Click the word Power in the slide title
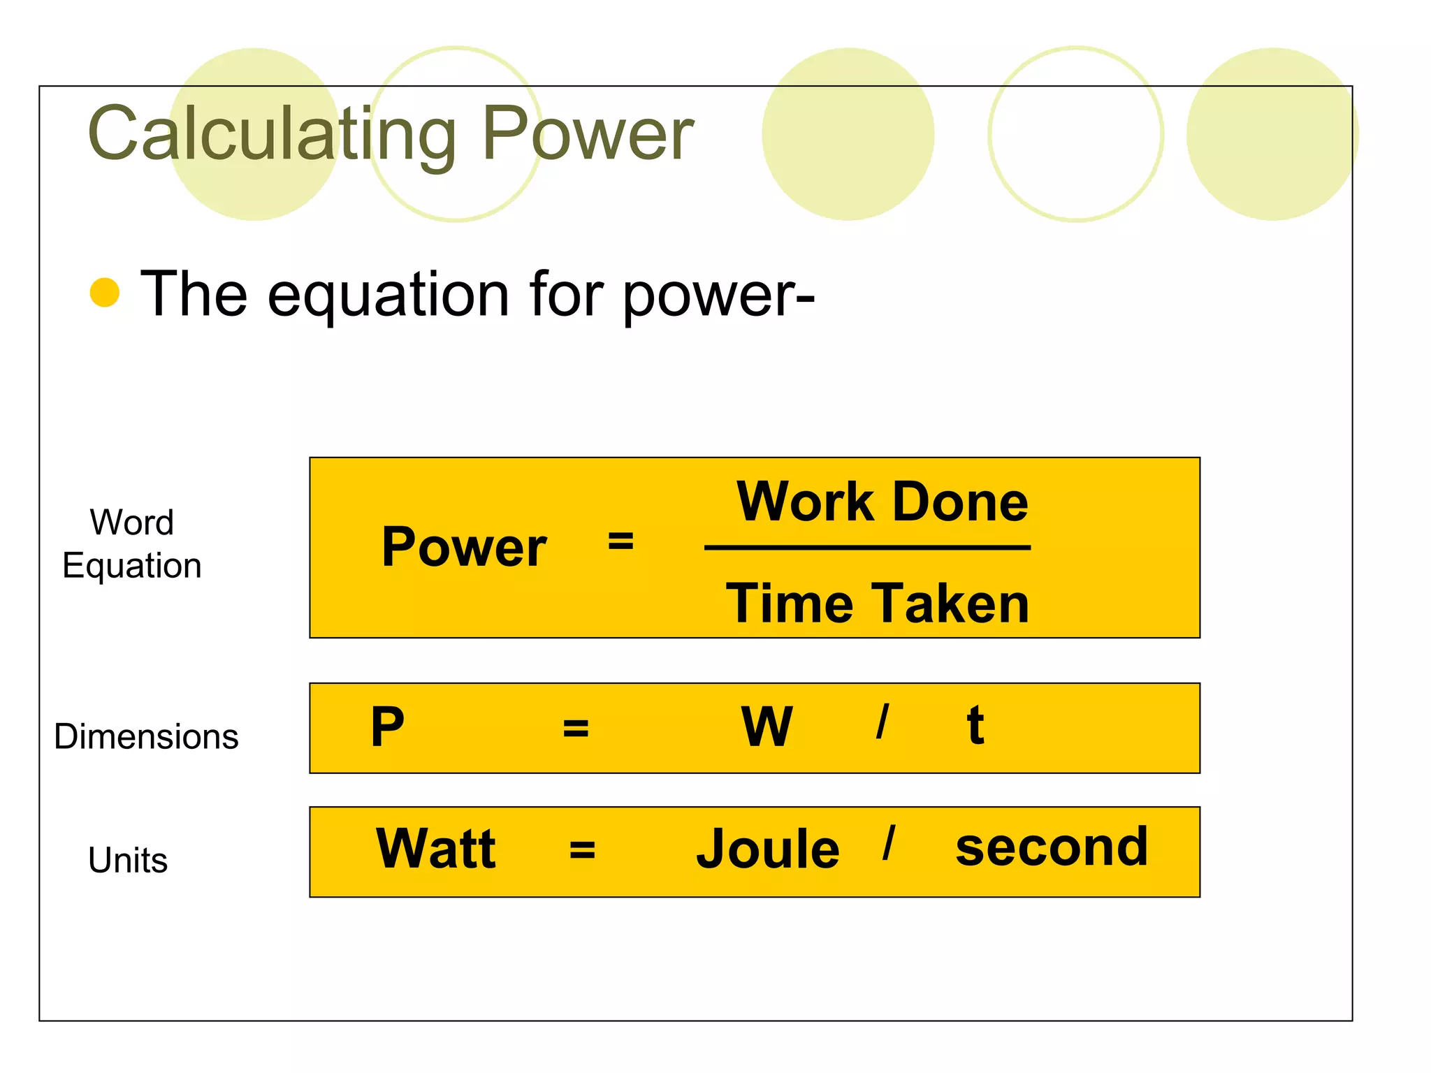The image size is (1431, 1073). point(587,133)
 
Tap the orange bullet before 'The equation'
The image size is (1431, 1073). point(105,293)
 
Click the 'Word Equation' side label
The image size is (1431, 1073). point(132,544)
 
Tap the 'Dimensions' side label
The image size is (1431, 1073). point(146,736)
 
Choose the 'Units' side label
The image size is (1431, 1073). point(128,860)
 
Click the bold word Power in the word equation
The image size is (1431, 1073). point(464,547)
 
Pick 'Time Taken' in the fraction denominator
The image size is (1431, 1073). point(878,604)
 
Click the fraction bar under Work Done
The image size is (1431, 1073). point(867,548)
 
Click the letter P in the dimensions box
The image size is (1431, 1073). point(388,727)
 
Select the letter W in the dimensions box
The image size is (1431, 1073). point(767,727)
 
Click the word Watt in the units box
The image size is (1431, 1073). point(436,849)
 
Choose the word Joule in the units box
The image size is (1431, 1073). point(767,849)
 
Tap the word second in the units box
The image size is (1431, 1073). point(1052,847)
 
